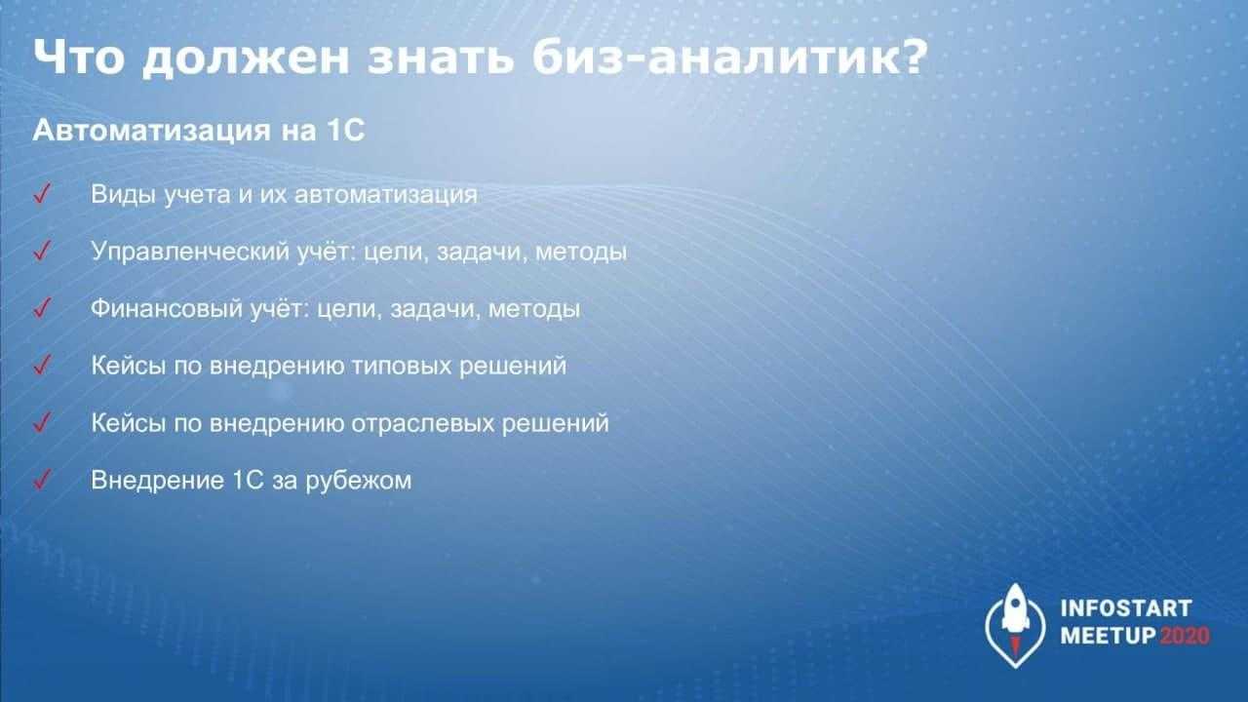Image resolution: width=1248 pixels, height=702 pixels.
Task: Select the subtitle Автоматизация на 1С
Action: point(199,131)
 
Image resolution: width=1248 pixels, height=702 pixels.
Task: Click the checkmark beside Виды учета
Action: point(42,194)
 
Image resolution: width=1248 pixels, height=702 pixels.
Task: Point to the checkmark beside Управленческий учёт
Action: point(42,251)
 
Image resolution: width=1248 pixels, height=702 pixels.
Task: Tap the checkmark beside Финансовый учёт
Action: point(42,308)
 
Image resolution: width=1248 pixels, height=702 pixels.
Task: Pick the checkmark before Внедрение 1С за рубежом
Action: point(42,480)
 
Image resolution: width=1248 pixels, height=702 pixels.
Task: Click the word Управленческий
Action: point(190,253)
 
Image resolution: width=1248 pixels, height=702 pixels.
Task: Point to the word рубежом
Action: point(358,481)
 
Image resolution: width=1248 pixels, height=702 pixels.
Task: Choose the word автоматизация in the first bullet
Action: point(385,195)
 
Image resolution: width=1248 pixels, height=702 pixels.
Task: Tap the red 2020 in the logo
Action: point(1185,636)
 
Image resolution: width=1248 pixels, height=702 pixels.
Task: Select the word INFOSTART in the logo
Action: point(1126,608)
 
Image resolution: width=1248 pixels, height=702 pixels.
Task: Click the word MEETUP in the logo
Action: point(1109,636)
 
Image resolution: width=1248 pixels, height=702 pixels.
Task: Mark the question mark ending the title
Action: point(914,57)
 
